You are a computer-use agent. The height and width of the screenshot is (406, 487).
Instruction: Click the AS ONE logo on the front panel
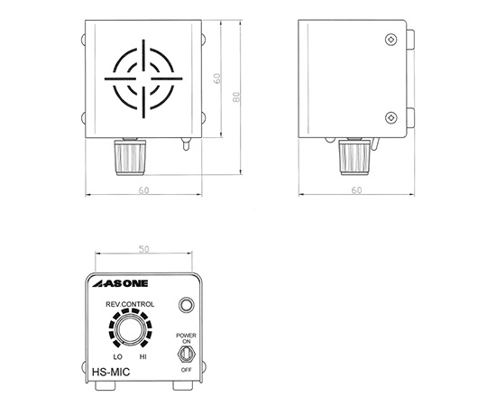click(x=120, y=283)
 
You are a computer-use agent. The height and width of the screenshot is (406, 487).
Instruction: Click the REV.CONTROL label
click(x=130, y=304)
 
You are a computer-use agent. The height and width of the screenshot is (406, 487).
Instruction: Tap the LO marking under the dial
click(x=118, y=357)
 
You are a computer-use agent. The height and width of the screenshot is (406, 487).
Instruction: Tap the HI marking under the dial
click(x=142, y=357)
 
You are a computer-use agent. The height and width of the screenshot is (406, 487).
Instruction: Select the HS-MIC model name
click(x=111, y=372)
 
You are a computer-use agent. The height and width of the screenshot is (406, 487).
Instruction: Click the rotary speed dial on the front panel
click(x=130, y=329)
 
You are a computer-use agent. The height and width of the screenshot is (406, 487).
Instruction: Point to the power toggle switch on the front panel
click(x=186, y=355)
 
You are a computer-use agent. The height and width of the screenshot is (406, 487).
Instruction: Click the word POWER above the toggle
click(x=186, y=336)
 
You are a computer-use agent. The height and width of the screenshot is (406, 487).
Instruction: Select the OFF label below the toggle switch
click(x=187, y=370)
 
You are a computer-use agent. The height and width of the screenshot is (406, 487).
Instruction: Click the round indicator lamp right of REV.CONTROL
click(x=187, y=305)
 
